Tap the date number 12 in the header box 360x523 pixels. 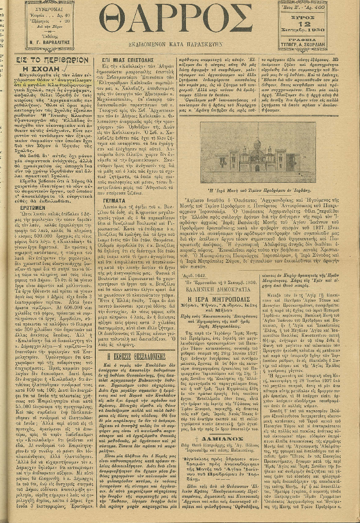304,24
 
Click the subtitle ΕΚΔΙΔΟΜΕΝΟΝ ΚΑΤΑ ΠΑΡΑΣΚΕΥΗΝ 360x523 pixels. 181,42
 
